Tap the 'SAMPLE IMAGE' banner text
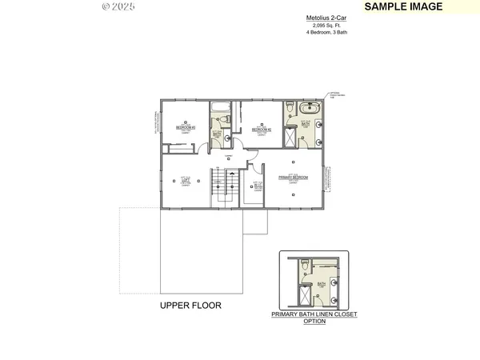pyautogui.click(x=403, y=6)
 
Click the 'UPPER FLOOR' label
pyautogui.click(x=190, y=306)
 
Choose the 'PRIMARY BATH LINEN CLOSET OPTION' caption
pyautogui.click(x=314, y=318)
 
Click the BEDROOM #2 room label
pyautogui.click(x=262, y=129)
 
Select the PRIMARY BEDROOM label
pyautogui.click(x=294, y=178)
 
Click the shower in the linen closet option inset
pyautogui.click(x=305, y=298)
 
